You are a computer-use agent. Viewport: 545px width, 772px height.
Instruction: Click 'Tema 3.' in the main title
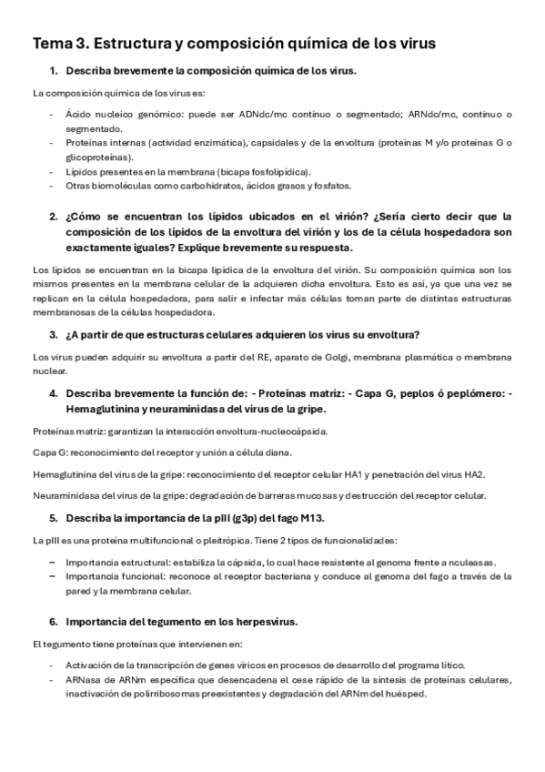click(60, 44)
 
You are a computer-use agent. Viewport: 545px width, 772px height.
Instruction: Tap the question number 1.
click(54, 71)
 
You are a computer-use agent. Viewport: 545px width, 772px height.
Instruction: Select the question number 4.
click(54, 393)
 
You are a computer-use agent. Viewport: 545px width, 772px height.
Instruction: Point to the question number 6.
click(54, 622)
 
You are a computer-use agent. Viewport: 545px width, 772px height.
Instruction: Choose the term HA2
click(473, 474)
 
